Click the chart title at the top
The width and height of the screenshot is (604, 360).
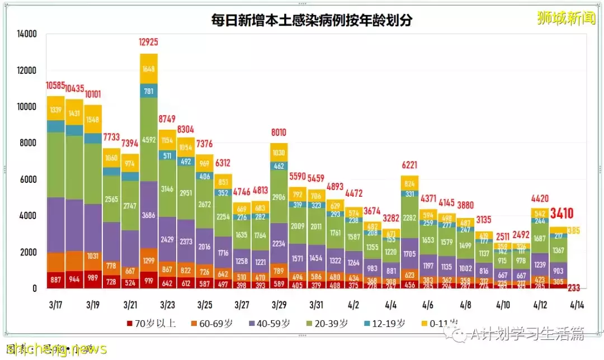(311, 21)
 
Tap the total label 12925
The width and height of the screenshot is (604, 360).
(149, 42)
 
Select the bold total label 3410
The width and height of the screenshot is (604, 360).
(561, 213)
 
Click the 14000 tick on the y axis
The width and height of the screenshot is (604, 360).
(27, 34)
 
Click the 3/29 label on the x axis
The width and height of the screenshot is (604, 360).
(279, 305)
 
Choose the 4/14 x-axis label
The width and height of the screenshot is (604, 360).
(576, 305)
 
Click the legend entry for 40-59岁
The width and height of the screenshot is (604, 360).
(270, 323)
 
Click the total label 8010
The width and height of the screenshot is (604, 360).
(279, 132)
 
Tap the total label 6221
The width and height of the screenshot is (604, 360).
(409, 165)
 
